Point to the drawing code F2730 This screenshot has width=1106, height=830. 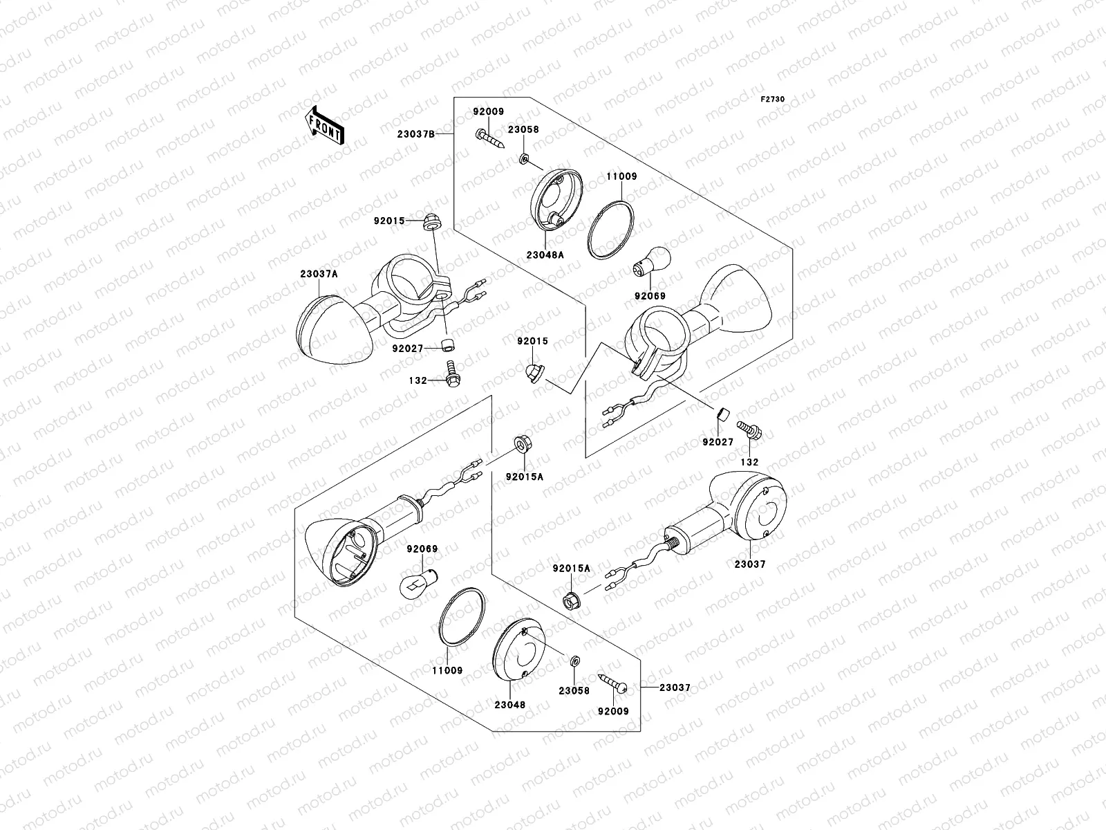pos(773,100)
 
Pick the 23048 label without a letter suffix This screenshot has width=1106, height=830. pos(509,705)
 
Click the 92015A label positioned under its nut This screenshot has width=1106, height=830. pos(524,477)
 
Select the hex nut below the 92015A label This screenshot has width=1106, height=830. pos(572,600)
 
